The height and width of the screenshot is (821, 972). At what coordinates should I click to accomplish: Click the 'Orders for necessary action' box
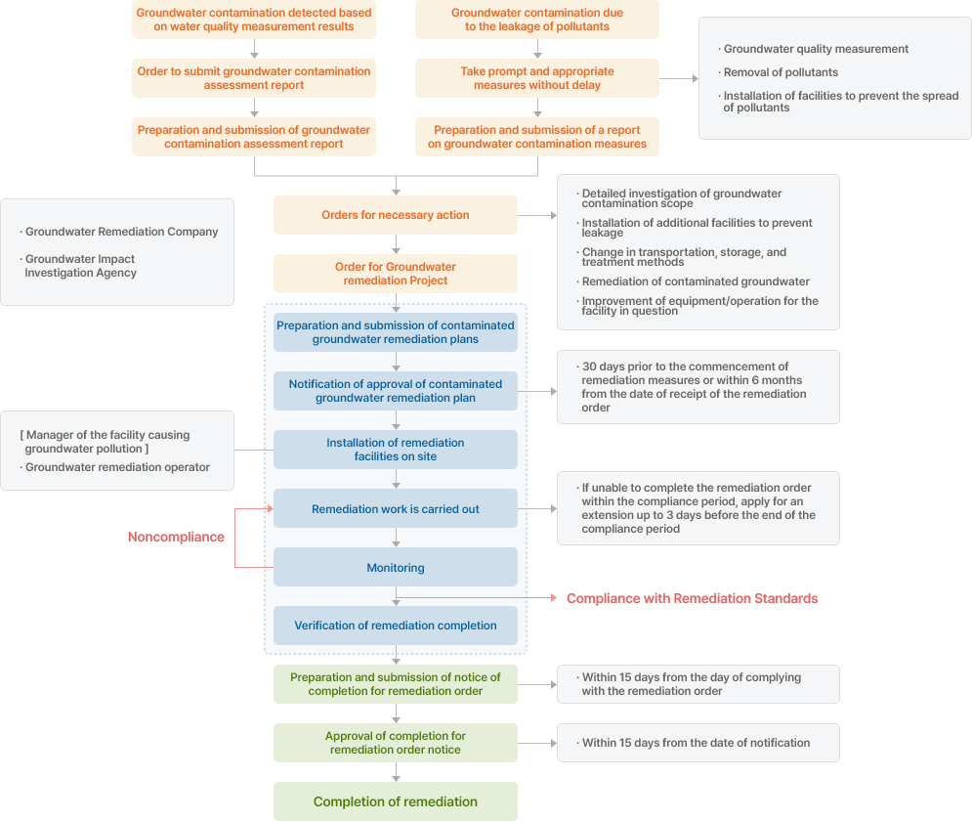coord(396,215)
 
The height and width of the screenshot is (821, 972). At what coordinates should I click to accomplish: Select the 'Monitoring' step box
coord(396,567)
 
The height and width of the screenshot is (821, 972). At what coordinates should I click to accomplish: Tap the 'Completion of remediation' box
coord(396,801)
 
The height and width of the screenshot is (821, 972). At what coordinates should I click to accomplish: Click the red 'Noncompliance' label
coord(176,537)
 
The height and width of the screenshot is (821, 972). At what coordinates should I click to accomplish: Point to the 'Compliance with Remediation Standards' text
coord(693,598)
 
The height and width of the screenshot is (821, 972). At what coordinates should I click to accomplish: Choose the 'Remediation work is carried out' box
coord(396,508)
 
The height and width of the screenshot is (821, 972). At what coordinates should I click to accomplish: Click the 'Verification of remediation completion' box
coord(396,626)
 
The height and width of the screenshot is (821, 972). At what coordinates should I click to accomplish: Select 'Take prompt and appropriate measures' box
coord(537,78)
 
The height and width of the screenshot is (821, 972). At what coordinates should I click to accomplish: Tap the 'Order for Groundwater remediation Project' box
coord(396,274)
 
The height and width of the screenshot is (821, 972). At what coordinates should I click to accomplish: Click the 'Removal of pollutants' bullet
coord(778,72)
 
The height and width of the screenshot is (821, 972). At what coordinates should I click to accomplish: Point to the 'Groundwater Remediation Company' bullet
coord(119,232)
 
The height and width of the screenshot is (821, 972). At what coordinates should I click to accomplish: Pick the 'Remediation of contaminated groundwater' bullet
coord(693,281)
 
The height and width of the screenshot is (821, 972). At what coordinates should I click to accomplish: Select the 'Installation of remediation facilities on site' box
coord(396,450)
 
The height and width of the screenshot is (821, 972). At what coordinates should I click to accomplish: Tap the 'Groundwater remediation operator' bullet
coord(114,467)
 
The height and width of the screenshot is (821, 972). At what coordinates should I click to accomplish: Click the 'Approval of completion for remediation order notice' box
coord(396,743)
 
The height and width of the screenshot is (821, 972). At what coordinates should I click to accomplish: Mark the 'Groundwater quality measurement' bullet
coord(814,49)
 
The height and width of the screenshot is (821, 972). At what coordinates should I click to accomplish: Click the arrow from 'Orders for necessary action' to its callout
coord(537,215)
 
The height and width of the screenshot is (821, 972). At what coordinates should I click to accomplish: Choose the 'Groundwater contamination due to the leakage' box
coord(537,20)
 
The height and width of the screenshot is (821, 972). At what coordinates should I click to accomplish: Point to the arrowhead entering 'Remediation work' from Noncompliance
coord(271,508)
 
